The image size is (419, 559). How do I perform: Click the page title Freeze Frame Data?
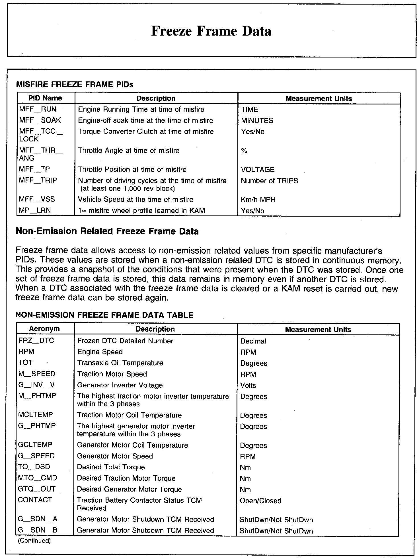(211, 31)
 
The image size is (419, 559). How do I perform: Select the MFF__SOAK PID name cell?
(40, 120)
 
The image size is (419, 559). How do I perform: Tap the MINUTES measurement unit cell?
(257, 121)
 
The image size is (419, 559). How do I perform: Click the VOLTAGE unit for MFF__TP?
(258, 170)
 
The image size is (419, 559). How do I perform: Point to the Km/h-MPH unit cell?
(258, 200)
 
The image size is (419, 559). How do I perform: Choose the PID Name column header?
(45, 98)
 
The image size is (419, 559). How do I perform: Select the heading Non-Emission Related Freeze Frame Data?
(107, 231)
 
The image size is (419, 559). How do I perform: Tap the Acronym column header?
(44, 329)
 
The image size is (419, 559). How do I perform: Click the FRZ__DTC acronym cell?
(36, 341)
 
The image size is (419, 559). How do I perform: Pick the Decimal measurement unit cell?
(253, 341)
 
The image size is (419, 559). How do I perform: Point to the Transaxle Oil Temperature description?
(120, 363)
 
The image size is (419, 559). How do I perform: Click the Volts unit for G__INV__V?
(248, 385)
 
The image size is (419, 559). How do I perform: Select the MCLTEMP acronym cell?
(35, 415)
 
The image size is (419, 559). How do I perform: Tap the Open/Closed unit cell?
(260, 501)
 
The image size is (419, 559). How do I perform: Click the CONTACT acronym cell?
(35, 500)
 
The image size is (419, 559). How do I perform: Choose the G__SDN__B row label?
(38, 530)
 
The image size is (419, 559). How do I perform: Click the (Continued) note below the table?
(34, 540)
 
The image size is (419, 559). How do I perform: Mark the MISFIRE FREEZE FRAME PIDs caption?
(75, 85)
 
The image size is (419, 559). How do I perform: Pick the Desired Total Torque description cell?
(111, 467)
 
